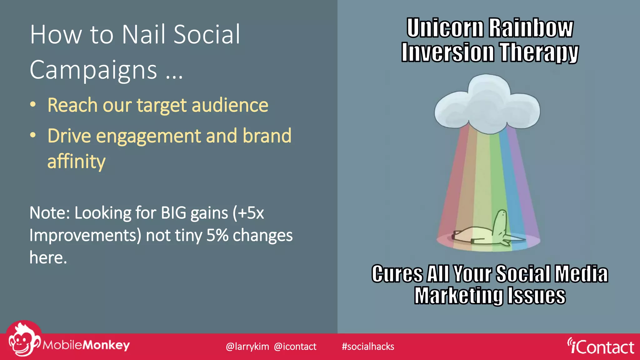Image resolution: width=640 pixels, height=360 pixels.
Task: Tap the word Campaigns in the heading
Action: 93,70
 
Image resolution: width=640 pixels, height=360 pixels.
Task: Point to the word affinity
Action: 77,162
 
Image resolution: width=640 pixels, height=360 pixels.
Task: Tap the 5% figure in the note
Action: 217,235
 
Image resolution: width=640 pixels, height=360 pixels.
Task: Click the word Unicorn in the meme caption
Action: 445,28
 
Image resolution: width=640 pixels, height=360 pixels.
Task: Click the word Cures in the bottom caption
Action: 397,274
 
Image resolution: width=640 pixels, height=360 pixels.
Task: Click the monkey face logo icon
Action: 22,341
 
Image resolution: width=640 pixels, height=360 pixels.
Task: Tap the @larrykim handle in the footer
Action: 247,347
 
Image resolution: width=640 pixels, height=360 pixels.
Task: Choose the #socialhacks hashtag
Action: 368,347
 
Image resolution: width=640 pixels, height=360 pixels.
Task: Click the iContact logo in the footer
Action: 601,347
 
